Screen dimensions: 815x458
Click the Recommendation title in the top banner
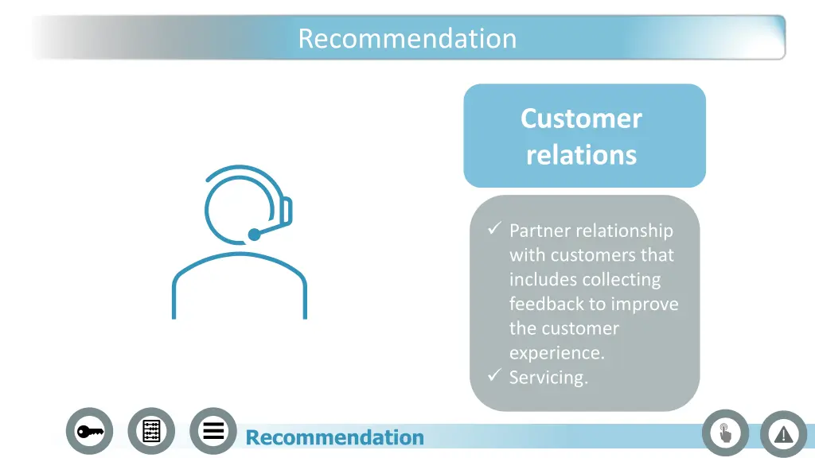(x=407, y=38)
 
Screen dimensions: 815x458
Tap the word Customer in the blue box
(x=581, y=118)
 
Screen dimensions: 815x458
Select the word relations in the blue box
(x=581, y=153)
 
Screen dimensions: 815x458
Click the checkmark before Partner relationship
(x=493, y=230)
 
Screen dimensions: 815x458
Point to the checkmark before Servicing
(x=493, y=376)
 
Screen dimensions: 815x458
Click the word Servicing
(x=548, y=378)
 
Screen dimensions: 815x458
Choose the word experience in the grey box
(x=556, y=353)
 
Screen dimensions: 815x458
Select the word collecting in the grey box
(x=622, y=279)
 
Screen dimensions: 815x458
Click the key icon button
(x=89, y=431)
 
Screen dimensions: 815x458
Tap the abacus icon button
(x=151, y=431)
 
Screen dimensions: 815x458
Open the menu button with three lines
(x=213, y=431)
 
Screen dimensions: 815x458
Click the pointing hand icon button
(x=725, y=433)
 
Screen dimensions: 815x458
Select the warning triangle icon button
(x=784, y=434)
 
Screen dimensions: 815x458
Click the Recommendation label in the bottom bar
(x=335, y=437)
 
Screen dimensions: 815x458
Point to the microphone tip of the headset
(x=254, y=235)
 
